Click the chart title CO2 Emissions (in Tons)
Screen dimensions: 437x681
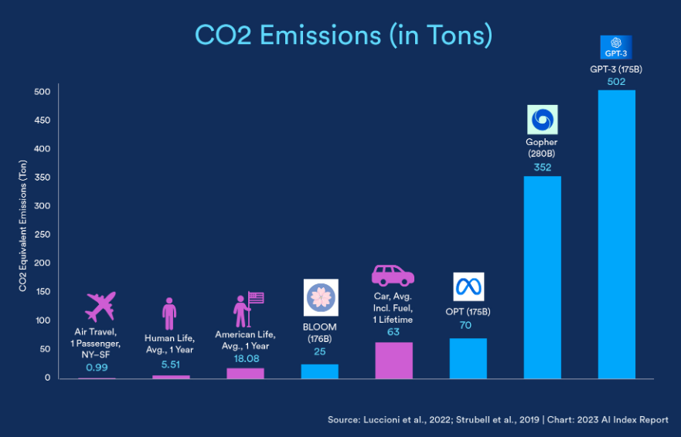click(343, 36)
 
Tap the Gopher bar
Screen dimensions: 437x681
click(542, 278)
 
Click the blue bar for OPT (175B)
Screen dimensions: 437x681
click(468, 358)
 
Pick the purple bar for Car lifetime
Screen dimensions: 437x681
click(393, 361)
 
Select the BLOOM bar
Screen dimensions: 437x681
click(319, 371)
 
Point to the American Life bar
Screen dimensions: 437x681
click(245, 374)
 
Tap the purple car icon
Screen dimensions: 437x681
click(393, 276)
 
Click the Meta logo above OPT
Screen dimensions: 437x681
click(468, 287)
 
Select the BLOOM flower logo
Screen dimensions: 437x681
click(320, 297)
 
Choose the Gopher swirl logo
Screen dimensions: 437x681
click(542, 120)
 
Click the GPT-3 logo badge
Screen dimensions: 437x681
click(616, 47)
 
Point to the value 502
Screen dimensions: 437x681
click(616, 82)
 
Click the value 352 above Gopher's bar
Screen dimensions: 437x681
click(542, 167)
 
